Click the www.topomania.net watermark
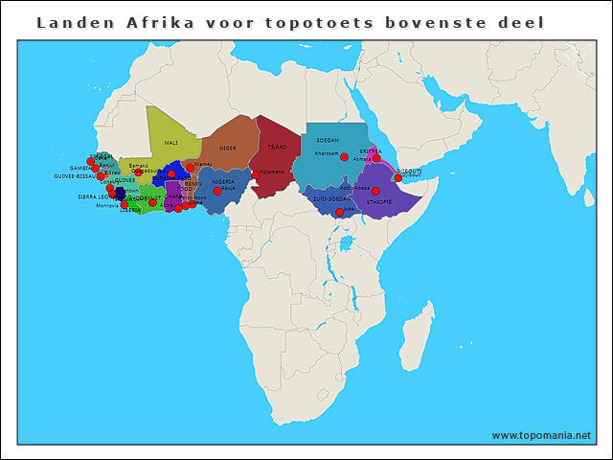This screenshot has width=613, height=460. (541, 435)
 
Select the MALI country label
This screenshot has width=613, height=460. (171, 143)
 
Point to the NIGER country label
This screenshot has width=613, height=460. (227, 149)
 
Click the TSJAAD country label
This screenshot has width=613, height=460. (277, 148)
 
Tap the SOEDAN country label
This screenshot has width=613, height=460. (328, 140)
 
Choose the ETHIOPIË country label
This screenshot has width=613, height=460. (379, 202)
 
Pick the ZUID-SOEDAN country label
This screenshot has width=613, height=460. (331, 199)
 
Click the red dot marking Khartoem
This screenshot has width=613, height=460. (345, 157)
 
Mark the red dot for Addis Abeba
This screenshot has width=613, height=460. (375, 191)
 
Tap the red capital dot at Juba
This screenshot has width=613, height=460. (339, 212)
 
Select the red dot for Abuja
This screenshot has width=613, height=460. (217, 191)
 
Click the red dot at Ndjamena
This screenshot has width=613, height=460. (256, 174)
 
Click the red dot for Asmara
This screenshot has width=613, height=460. (376, 158)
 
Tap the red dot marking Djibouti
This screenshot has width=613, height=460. (398, 177)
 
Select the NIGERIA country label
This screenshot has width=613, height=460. (223, 181)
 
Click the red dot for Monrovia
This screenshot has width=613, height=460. (124, 204)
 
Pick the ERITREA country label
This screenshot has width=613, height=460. (371, 150)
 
